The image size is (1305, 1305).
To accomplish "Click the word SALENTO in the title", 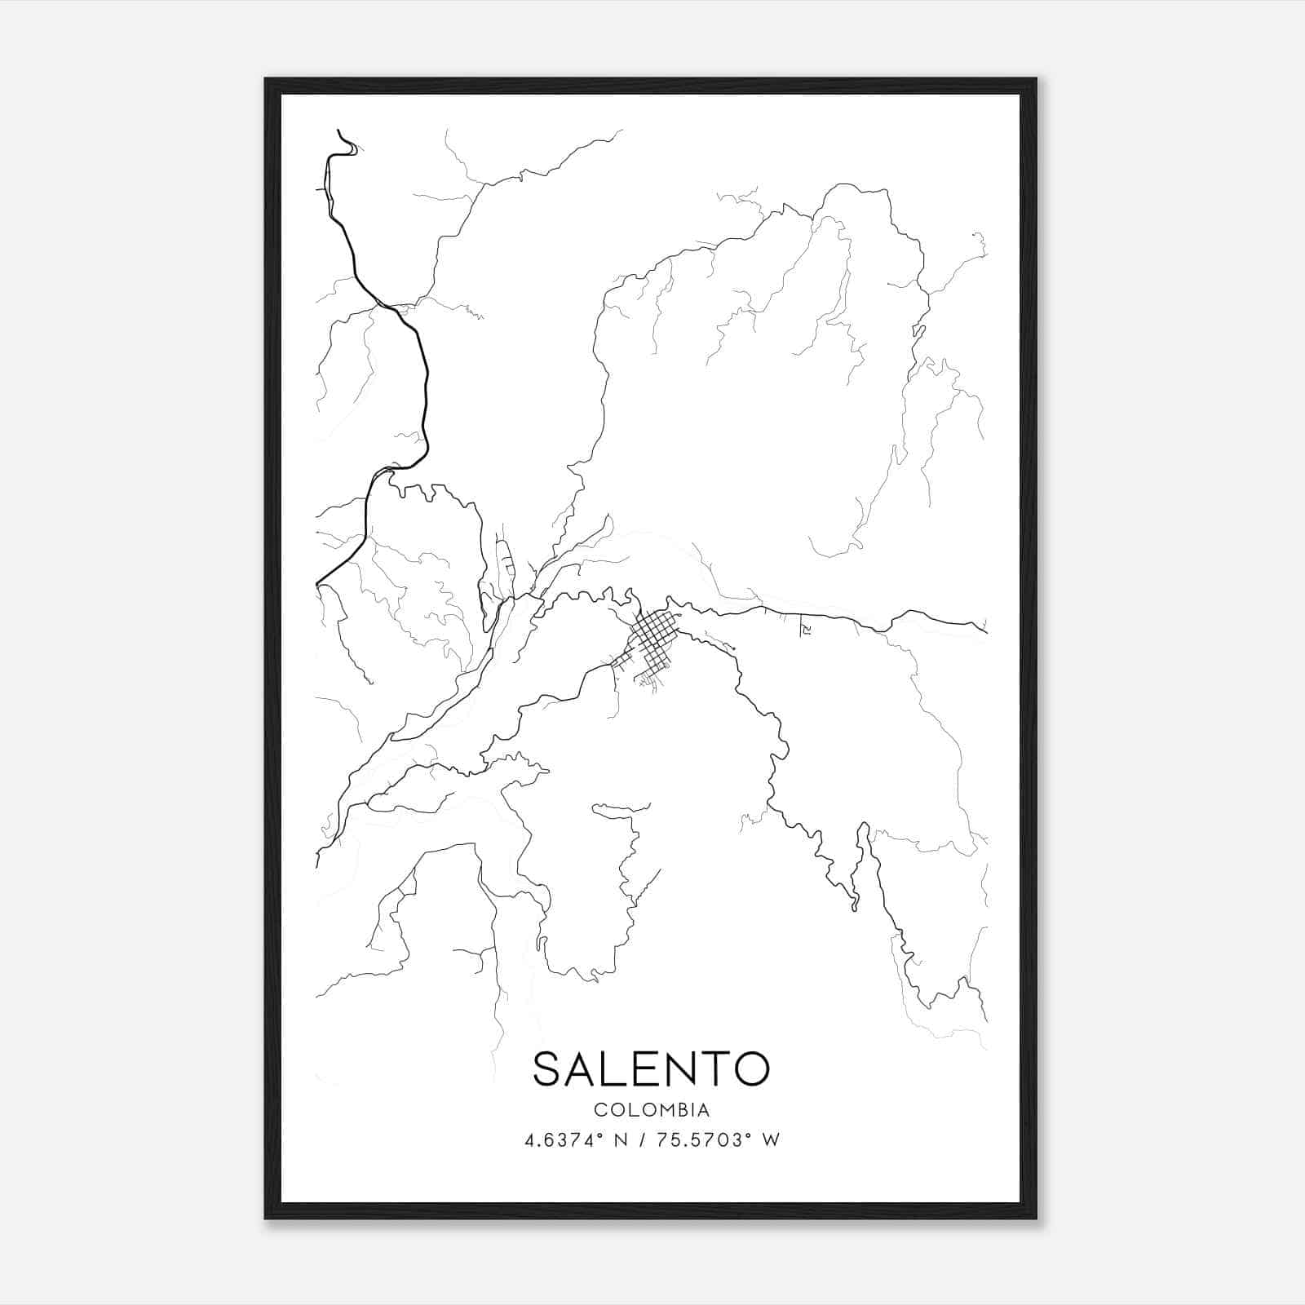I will (651, 1068).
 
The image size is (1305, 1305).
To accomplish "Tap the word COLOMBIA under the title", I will (651, 1110).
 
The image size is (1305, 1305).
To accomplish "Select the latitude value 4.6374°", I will (570, 1139).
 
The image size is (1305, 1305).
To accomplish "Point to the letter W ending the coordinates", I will (771, 1139).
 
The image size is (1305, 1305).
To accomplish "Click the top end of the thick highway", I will (338, 130).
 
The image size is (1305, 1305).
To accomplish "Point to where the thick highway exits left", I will (317, 584).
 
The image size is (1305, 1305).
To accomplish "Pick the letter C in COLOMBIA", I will (599, 1110).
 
